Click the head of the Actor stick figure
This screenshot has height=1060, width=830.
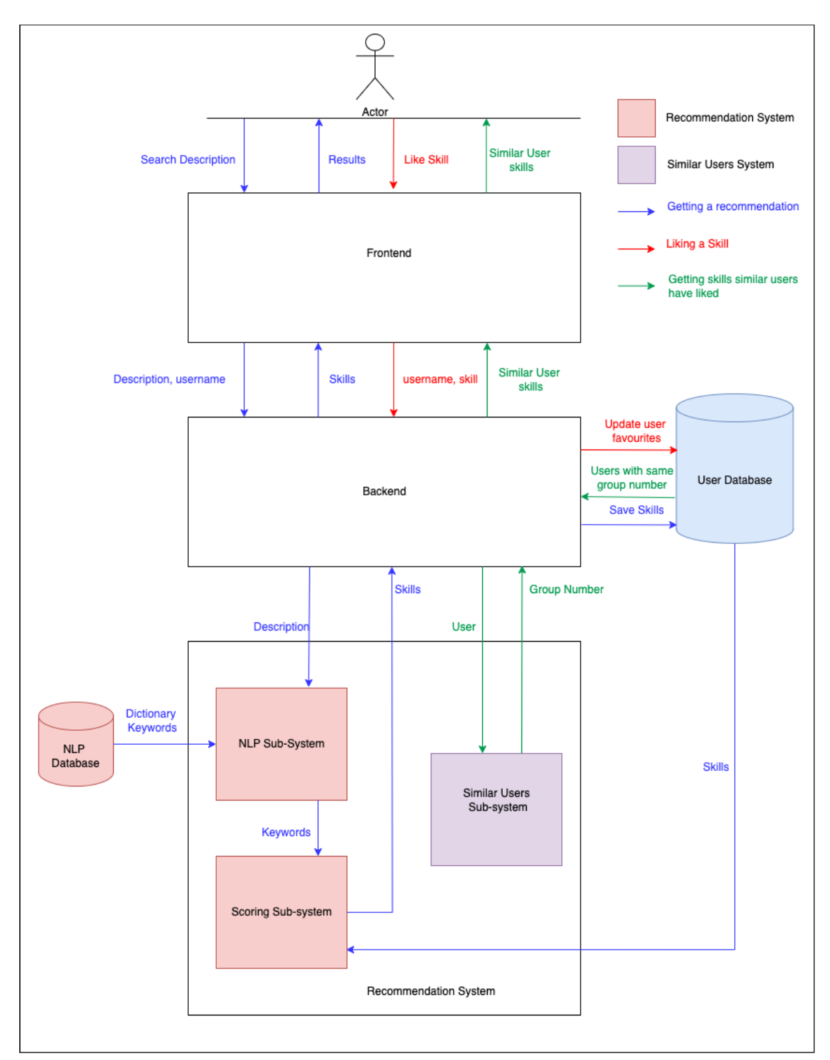click(x=374, y=42)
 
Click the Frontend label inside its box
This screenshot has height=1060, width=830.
click(x=388, y=253)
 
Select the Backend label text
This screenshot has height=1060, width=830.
click(x=384, y=491)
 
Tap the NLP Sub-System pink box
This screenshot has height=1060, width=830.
click(x=281, y=743)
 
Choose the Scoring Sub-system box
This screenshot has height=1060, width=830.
click(x=281, y=911)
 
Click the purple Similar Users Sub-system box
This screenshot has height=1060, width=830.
click(x=496, y=809)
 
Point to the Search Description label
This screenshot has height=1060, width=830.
click(x=188, y=160)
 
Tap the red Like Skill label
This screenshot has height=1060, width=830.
click(x=426, y=160)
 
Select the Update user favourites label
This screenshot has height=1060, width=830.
click(x=635, y=431)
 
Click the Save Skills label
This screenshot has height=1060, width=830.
click(x=636, y=509)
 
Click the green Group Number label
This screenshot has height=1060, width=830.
click(x=566, y=589)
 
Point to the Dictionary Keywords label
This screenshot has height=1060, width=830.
click(x=151, y=720)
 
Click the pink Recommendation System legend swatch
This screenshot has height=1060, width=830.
click(x=636, y=118)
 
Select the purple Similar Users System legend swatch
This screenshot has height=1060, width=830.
click(x=636, y=164)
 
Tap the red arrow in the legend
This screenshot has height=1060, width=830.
click(x=636, y=249)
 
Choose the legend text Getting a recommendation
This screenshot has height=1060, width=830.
click(x=732, y=206)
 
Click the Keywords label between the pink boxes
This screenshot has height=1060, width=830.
click(x=285, y=832)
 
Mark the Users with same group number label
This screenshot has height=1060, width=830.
click(x=631, y=477)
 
